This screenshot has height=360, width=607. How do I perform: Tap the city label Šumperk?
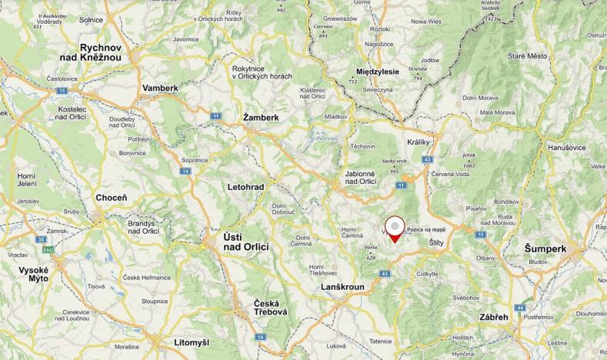click(545, 249)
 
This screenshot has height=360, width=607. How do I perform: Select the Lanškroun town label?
click(342, 286)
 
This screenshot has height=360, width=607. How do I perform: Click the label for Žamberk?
click(260, 118)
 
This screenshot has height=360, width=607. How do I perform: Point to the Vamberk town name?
click(160, 88)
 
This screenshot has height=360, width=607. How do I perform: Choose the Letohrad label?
click(245, 187)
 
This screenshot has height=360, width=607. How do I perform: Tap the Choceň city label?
click(112, 198)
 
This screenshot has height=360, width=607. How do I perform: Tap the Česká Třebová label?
click(271, 308)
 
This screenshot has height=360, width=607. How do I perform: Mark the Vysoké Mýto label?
click(34, 275)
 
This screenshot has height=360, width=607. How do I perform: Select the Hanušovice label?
click(566, 147)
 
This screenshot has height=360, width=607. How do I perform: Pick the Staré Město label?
click(527, 56)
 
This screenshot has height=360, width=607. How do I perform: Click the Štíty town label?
click(437, 242)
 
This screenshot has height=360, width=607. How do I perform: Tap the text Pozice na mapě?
click(426, 229)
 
